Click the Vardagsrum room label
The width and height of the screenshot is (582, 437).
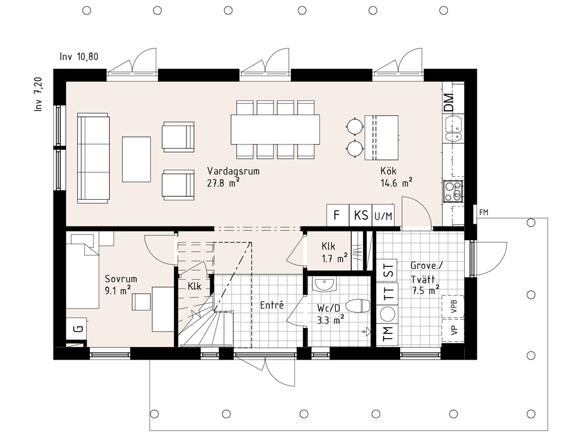233,171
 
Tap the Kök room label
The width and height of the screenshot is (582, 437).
388,171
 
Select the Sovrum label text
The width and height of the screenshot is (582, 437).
120,279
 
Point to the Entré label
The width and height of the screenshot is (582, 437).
272,305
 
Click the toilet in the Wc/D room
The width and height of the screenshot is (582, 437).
358,306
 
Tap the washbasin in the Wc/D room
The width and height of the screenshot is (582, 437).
325,285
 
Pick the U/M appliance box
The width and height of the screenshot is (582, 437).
383,215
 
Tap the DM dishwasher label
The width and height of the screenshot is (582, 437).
449,102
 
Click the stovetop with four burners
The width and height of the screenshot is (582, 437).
453,191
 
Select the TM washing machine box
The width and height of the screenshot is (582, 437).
388,333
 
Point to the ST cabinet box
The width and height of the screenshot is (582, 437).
388,270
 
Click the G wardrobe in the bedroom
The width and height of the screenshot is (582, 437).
77,328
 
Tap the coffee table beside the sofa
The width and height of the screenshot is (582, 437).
136,159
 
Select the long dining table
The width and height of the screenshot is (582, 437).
275,129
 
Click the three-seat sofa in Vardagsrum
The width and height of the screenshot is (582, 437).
93,158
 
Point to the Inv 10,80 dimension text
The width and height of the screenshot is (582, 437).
79,57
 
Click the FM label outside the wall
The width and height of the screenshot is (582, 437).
484,213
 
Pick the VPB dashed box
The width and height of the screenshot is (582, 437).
453,307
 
